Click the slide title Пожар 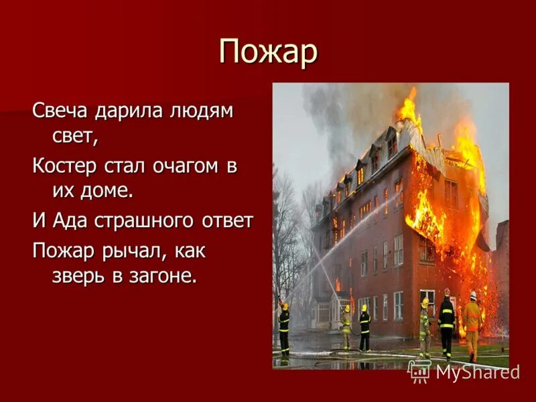coord(268,52)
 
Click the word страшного coord(143,220)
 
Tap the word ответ coord(228,220)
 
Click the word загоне coord(161,276)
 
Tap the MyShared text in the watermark coord(477,372)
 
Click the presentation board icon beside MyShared coord(419,371)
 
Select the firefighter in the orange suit coord(472,322)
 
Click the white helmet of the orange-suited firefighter coord(473,295)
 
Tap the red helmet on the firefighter coord(447,292)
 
